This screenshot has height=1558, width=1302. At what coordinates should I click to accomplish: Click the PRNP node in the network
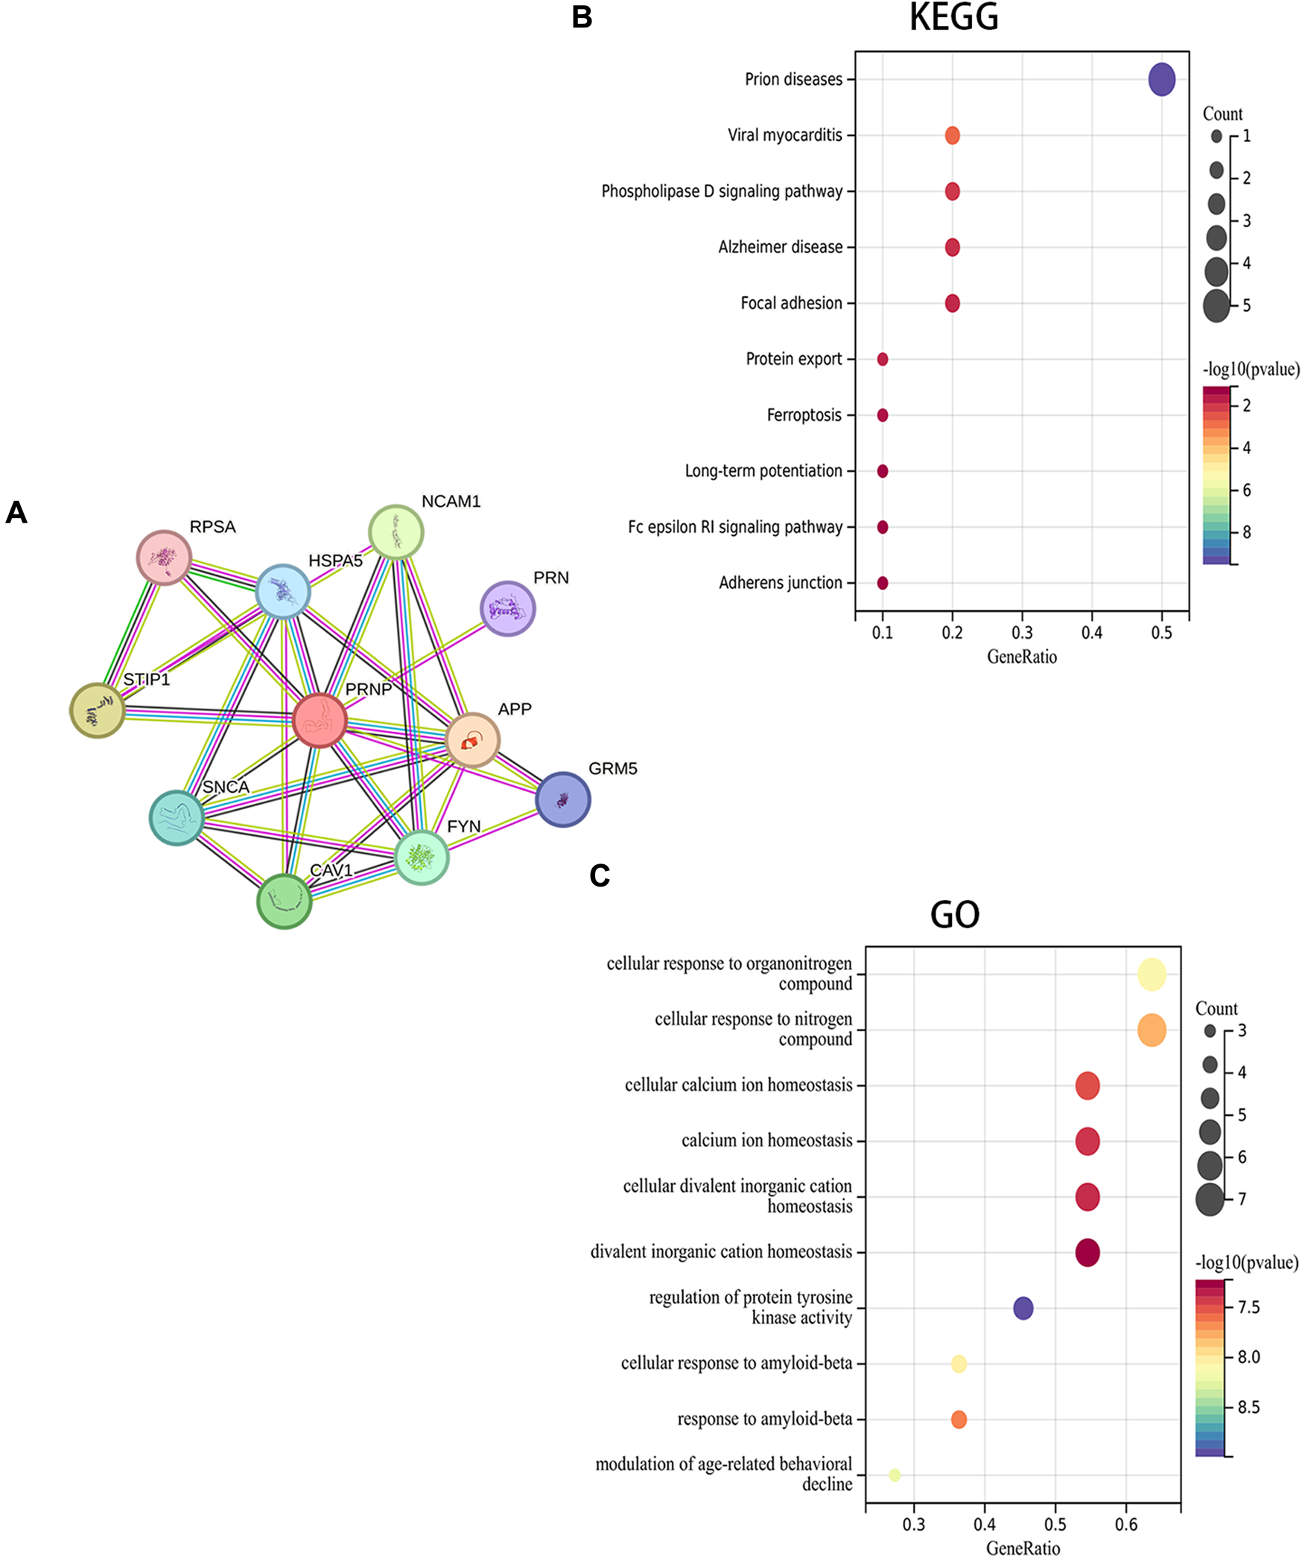pyautogui.click(x=320, y=720)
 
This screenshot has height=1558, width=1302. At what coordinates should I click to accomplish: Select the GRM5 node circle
pyautogui.click(x=562, y=799)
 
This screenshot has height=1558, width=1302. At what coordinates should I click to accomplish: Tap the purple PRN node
pyautogui.click(x=507, y=609)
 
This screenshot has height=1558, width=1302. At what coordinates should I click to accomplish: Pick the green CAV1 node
pyautogui.click(x=284, y=901)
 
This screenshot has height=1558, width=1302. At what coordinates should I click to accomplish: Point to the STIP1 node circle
pyautogui.click(x=97, y=710)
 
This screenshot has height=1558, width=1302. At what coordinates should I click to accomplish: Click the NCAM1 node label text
pyautogui.click(x=451, y=502)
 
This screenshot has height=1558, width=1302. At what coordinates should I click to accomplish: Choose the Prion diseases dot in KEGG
pyautogui.click(x=1161, y=80)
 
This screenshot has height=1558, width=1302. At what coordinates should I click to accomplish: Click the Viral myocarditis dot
pyautogui.click(x=952, y=135)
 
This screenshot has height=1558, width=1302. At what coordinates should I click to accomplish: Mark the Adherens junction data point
pyautogui.click(x=882, y=583)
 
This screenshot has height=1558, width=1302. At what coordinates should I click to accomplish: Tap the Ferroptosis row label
pyautogui.click(x=804, y=415)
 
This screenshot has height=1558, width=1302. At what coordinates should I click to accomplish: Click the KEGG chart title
pyautogui.click(x=953, y=18)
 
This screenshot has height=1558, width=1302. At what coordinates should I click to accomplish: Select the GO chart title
pyautogui.click(x=954, y=915)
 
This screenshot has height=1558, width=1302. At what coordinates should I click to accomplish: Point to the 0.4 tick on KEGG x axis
pyautogui.click(x=1091, y=633)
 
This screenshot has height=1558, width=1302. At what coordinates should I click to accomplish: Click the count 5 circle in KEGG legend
pyautogui.click(x=1216, y=306)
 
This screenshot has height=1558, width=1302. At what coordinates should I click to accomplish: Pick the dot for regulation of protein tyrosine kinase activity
pyautogui.click(x=1023, y=1308)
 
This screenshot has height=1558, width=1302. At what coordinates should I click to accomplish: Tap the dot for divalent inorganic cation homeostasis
pyautogui.click(x=1087, y=1252)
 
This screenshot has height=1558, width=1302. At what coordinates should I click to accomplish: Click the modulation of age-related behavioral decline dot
pyautogui.click(x=895, y=1475)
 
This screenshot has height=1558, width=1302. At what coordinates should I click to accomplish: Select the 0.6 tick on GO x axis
pyautogui.click(x=1125, y=1524)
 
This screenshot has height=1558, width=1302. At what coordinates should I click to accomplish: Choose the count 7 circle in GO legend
pyautogui.click(x=1210, y=1199)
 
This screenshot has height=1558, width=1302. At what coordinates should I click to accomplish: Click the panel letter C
pyautogui.click(x=600, y=876)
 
